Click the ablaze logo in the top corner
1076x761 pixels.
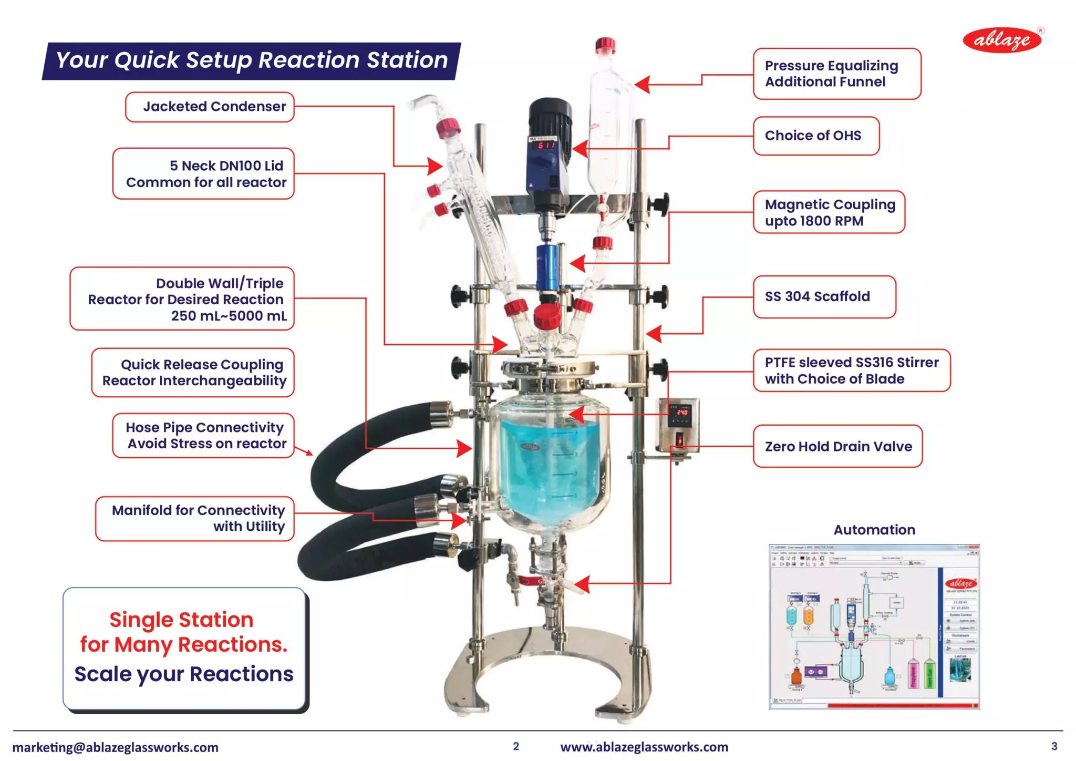point(1002,40)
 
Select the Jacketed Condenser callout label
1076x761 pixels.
point(210,107)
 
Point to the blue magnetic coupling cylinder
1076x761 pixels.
point(547,268)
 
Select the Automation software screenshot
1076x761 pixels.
point(874,627)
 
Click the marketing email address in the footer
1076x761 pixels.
point(115,747)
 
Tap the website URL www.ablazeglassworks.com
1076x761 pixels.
point(644,747)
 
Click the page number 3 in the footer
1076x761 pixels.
point(1054,746)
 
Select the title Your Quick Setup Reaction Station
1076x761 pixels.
point(251,60)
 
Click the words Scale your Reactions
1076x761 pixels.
point(184,674)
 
